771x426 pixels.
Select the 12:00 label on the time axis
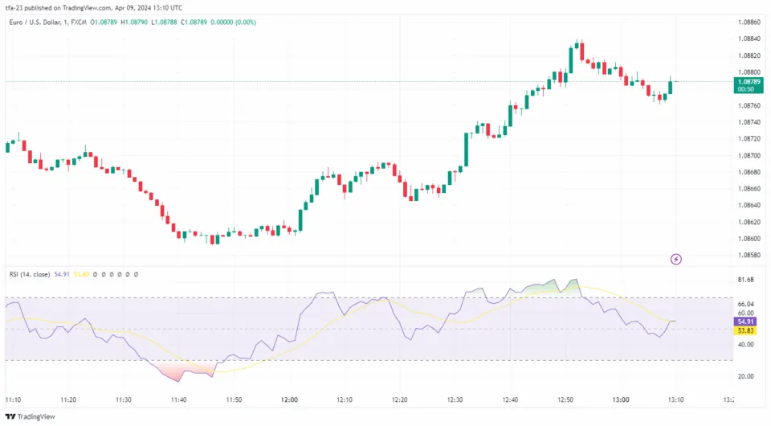coord(289,399)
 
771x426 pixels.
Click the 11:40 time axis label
coord(178,399)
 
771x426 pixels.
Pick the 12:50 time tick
coord(565,399)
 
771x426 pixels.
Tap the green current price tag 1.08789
coord(748,81)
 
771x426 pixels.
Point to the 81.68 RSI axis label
coord(746,280)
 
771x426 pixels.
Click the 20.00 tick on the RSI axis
coord(746,376)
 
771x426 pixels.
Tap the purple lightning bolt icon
coord(676,259)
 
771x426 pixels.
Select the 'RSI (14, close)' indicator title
coord(29,275)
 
